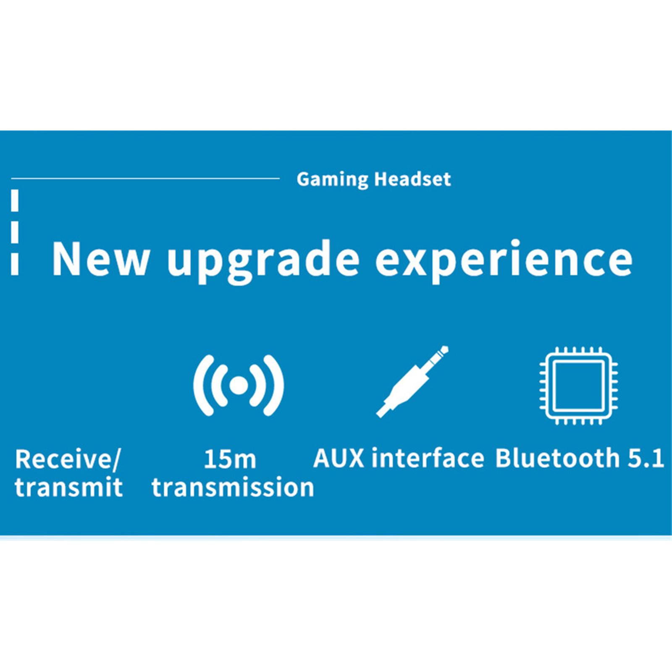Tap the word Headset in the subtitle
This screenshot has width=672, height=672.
(412, 179)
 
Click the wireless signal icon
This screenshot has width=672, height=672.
(239, 385)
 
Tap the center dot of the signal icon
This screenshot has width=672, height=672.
(239, 385)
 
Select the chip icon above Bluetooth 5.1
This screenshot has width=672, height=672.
(578, 386)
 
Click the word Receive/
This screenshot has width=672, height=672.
(68, 459)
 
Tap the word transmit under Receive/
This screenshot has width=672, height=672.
(68, 487)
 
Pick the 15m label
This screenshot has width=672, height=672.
(230, 459)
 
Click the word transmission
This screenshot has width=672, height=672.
(233, 487)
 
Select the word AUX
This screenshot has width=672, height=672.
(339, 458)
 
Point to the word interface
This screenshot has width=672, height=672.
(428, 458)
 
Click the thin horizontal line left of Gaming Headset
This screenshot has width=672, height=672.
(145, 178)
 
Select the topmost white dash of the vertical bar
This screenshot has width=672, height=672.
(15, 200)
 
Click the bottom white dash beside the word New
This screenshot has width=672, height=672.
(15, 264)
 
